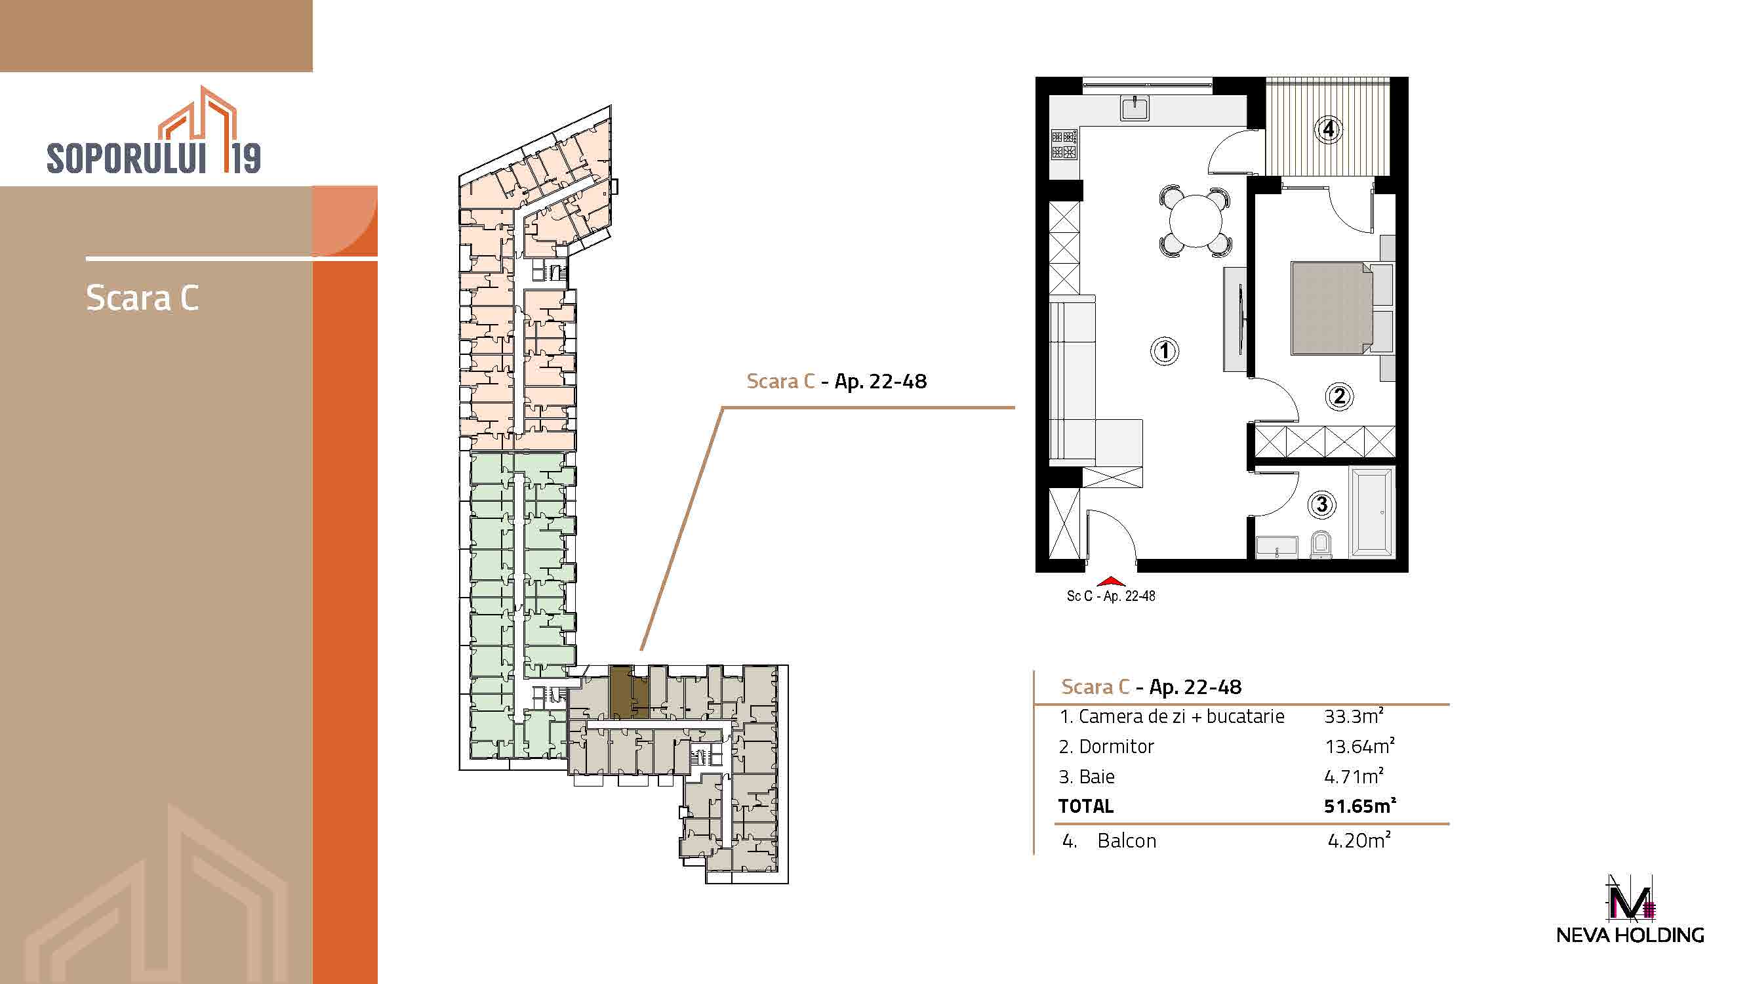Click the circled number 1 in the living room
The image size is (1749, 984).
tap(1165, 351)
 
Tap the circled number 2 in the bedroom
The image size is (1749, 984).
tap(1339, 396)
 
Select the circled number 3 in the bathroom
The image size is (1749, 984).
tap(1321, 504)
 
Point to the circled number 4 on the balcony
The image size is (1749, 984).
tap(1329, 129)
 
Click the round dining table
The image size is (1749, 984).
tap(1195, 221)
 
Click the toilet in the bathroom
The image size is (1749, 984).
tap(1321, 544)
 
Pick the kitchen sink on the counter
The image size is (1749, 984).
tap(1135, 109)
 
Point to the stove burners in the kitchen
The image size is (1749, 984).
tap(1064, 144)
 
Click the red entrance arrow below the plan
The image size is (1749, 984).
tap(1111, 581)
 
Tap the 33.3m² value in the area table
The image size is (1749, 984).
tap(1354, 716)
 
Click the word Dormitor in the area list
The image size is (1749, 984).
tap(1116, 747)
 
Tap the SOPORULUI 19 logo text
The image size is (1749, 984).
tap(154, 157)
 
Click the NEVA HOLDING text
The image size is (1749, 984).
tap(1630, 935)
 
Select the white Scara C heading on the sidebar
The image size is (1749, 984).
tap(142, 298)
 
